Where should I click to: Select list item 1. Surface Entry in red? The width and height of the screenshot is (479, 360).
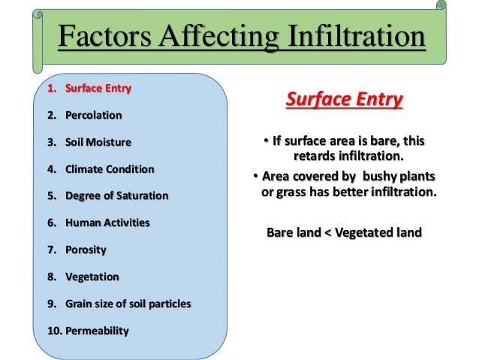coord(89,88)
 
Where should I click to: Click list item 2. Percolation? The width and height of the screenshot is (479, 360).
coord(84,116)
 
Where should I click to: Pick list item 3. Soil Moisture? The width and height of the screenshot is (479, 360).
coord(89,142)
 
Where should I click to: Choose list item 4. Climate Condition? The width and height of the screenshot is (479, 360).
coord(101,169)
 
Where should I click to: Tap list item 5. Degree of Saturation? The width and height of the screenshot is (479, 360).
coord(107,195)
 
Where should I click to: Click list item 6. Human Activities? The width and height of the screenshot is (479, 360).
coord(98,222)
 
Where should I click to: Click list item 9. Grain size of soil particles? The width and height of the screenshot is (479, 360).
coord(119,304)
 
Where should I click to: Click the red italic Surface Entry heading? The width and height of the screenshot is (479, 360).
coord(345,100)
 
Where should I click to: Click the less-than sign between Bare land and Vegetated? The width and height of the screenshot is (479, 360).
coord(326,232)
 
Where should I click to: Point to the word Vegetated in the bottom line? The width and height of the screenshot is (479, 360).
coord(361,232)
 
